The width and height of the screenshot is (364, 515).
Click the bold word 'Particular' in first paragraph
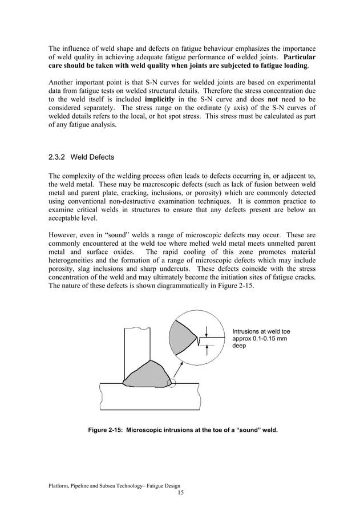298,58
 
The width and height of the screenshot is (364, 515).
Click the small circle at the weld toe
173,382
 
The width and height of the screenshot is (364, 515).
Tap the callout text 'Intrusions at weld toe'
261,331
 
